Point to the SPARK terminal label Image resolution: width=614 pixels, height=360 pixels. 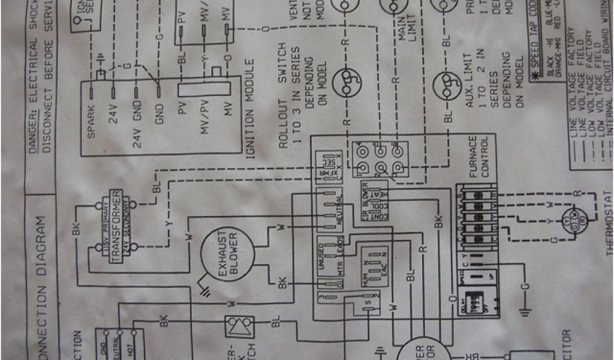91,123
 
